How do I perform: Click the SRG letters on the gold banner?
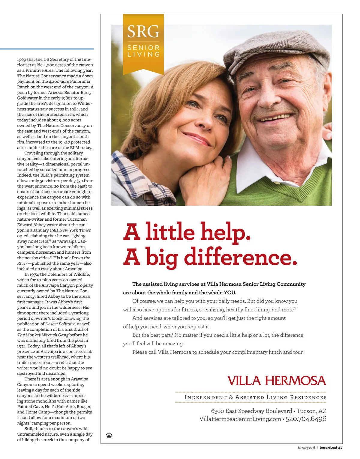pos(143,31)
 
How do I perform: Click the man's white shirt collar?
pos(252,168)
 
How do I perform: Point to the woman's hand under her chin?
pos(204,177)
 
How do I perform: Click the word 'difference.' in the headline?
pos(240,257)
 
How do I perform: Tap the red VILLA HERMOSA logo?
pos(277,381)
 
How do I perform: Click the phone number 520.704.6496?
pos(306,419)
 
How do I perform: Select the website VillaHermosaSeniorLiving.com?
pos(240,419)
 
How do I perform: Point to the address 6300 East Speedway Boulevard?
pos(251,411)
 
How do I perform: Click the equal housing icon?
pos(109,435)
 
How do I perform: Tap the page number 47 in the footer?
pos(340,448)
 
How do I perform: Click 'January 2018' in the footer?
pos(306,448)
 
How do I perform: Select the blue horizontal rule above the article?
pos(47,49)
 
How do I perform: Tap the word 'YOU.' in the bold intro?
pos(230,293)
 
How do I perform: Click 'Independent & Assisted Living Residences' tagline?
pos(255,398)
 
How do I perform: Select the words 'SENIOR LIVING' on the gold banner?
pos(143,51)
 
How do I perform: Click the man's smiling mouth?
pos(276,118)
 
